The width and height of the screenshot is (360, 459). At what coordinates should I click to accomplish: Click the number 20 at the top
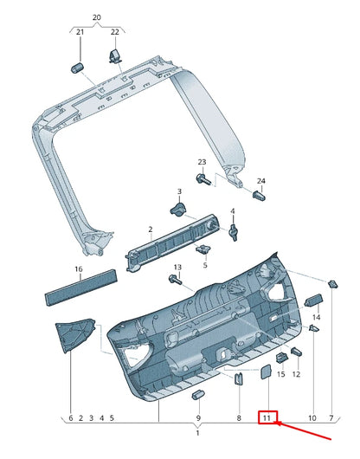point(96,16)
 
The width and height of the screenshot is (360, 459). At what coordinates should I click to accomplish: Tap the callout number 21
point(79,32)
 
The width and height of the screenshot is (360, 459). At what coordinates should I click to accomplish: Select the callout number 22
point(114,32)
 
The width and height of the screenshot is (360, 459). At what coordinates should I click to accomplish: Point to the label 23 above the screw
point(202,163)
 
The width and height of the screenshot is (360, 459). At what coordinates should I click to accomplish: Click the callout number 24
point(261,180)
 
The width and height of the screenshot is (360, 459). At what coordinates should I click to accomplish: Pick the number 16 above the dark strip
point(78,269)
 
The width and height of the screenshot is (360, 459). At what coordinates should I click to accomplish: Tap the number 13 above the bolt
point(177,267)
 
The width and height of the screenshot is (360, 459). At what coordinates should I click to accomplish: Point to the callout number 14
point(316,319)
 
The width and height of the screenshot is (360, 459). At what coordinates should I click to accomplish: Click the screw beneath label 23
point(203,179)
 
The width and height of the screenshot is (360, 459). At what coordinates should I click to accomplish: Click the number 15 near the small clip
point(280,374)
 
